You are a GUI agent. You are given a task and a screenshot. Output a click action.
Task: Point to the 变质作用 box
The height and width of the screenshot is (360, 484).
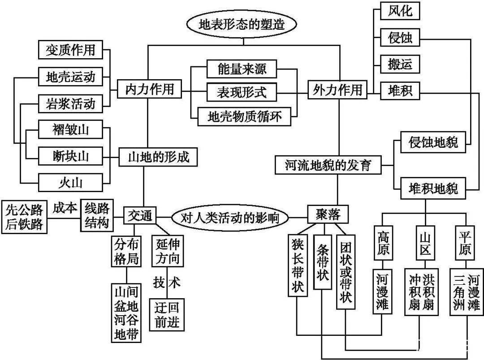71,50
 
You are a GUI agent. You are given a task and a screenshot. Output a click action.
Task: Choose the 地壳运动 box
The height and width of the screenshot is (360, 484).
71,77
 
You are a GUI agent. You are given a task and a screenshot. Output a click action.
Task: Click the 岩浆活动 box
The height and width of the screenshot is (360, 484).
71,103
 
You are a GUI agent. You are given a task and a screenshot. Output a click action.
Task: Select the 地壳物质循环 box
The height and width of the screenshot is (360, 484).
242,117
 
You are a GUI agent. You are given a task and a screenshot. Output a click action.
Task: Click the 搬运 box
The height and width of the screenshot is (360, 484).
399,64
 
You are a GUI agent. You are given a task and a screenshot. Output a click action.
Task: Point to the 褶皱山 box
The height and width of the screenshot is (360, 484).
71,130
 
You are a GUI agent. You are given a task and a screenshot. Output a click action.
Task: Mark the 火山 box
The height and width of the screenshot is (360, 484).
71,182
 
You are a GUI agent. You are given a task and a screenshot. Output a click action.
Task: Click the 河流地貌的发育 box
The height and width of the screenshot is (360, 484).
328,165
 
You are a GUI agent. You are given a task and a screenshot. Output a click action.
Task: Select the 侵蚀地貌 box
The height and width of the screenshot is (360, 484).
433,142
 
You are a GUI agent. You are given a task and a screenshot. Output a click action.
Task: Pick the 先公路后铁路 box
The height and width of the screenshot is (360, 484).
25,216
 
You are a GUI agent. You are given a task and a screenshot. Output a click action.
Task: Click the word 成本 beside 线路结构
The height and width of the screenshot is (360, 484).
65,208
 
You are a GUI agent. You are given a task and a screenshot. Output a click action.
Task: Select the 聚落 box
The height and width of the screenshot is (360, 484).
328,215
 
